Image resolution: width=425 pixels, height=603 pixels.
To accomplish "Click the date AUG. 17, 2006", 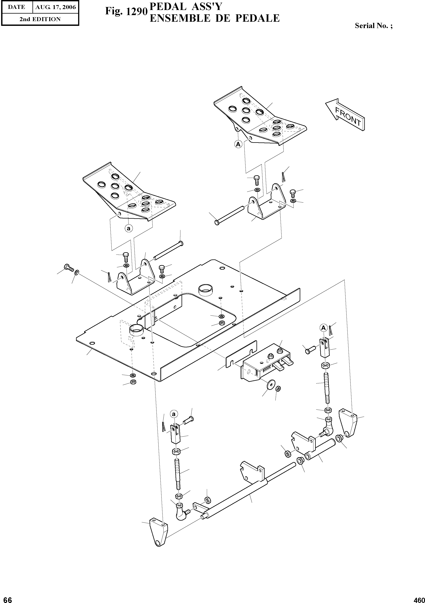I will pos(55,7).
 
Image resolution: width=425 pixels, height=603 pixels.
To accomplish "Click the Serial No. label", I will pos(373,26).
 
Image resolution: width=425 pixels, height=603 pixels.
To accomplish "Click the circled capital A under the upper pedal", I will pos(238,144).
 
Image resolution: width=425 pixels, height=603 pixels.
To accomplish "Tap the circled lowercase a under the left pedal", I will pos(129,228).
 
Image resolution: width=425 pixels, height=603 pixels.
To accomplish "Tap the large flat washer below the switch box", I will pos(269,385).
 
